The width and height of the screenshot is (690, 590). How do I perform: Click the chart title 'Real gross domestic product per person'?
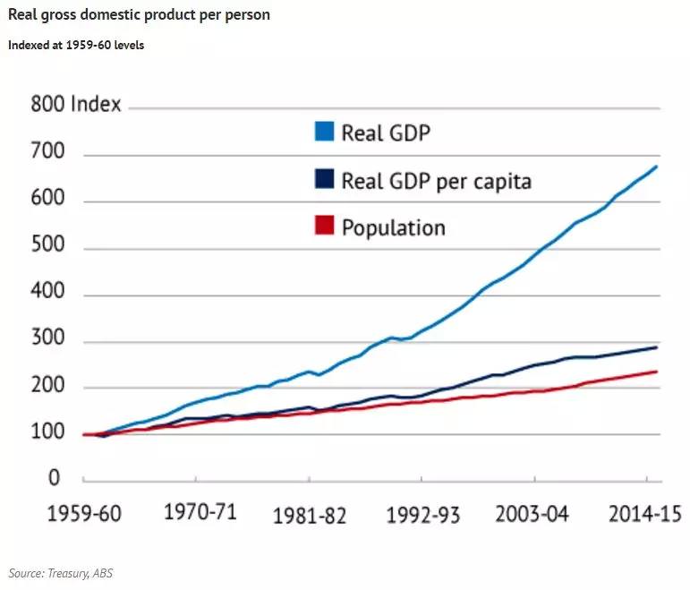(x=139, y=15)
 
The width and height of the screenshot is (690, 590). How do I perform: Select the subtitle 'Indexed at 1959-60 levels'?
(x=76, y=46)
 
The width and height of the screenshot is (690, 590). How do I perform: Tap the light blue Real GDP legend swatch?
(x=324, y=132)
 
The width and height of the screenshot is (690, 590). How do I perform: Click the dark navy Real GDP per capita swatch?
(x=324, y=179)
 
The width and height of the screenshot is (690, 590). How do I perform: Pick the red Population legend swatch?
(x=324, y=225)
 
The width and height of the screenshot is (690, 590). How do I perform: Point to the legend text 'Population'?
(x=394, y=228)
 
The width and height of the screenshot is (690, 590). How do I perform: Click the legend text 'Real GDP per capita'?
(x=437, y=182)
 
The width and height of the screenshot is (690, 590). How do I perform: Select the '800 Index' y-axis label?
(x=76, y=105)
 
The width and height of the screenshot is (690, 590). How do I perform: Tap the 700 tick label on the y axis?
(x=48, y=151)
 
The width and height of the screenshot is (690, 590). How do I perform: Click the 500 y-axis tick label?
(x=48, y=244)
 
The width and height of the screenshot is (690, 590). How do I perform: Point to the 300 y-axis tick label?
(x=48, y=338)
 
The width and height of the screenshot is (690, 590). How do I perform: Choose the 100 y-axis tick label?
(x=48, y=431)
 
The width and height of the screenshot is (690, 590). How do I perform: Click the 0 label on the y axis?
(x=54, y=478)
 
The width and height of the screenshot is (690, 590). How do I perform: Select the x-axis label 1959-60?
(x=84, y=514)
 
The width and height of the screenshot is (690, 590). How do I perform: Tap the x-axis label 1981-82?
(x=310, y=516)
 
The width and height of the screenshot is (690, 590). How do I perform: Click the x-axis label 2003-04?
(x=532, y=514)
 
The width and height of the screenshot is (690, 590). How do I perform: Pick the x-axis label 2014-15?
(x=645, y=514)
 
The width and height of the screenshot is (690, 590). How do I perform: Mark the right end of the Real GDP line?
(x=657, y=167)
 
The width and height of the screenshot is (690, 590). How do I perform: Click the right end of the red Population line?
(x=657, y=372)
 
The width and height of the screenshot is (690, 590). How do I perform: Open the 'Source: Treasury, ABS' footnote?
(x=61, y=573)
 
